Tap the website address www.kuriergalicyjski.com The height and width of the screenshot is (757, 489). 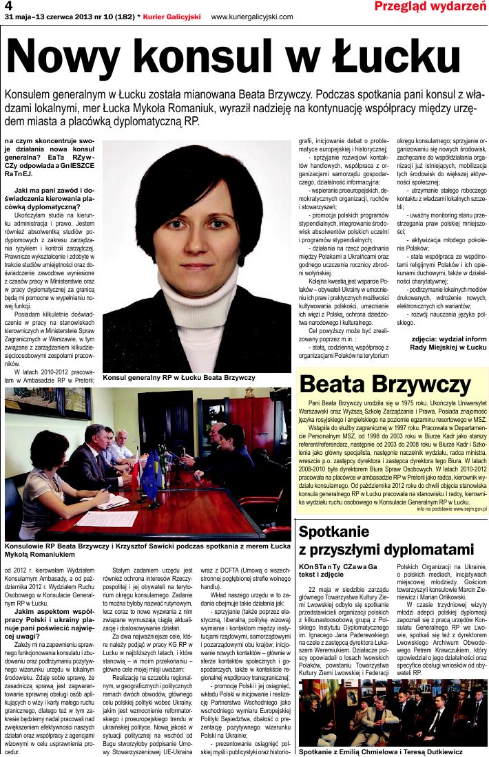252,17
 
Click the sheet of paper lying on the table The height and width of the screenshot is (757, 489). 110,501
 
